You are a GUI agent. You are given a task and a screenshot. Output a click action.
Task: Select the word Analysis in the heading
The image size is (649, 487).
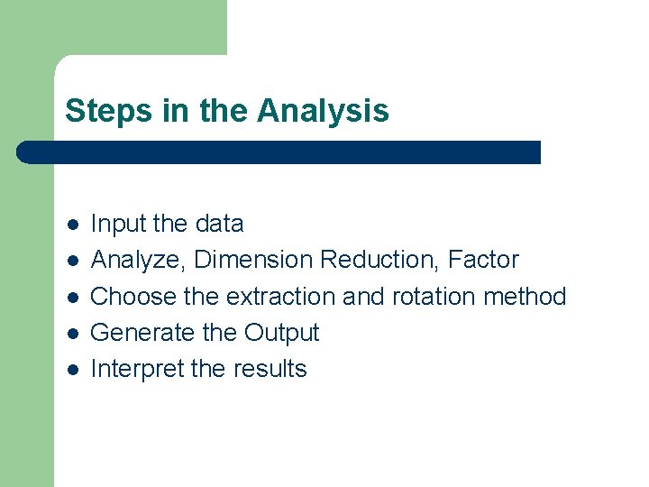[x=323, y=112]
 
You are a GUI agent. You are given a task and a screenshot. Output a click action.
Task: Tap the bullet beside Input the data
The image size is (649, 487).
[x=72, y=224]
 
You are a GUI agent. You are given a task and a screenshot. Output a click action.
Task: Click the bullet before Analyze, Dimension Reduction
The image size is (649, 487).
[x=72, y=260]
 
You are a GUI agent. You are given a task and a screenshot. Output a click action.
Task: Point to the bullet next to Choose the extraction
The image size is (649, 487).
[x=72, y=297]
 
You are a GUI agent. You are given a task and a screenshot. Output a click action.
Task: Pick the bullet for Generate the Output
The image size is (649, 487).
[x=72, y=333]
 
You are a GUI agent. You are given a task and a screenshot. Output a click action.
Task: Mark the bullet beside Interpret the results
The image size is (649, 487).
[x=72, y=369]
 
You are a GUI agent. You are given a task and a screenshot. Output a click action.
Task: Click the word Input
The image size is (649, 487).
[x=117, y=225]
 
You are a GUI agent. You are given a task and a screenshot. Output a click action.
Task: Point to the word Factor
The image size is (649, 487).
[x=484, y=260]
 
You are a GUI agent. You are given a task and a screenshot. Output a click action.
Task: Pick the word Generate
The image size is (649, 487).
[x=143, y=333]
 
